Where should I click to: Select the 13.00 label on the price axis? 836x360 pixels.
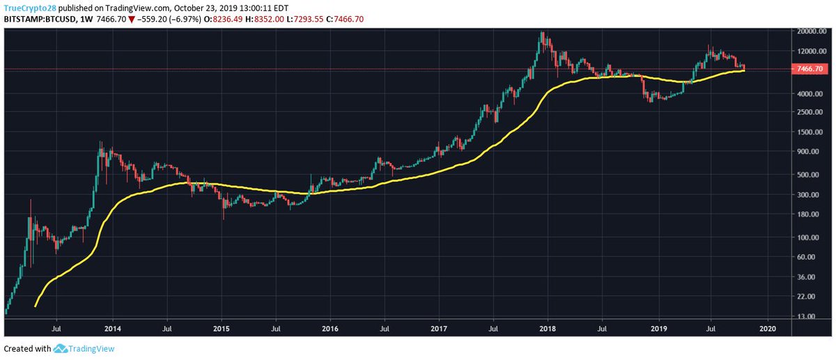[805, 316]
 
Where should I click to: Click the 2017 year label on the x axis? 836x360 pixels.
[439, 327]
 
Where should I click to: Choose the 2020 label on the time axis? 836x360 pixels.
[766, 327]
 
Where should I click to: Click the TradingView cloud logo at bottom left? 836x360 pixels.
[60, 349]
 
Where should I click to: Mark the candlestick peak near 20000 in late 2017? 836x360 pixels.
[541, 33]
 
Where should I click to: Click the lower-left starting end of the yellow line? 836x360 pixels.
[35, 306]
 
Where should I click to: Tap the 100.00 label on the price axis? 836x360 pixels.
[805, 237]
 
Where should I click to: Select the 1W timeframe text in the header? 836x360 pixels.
[86, 18]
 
